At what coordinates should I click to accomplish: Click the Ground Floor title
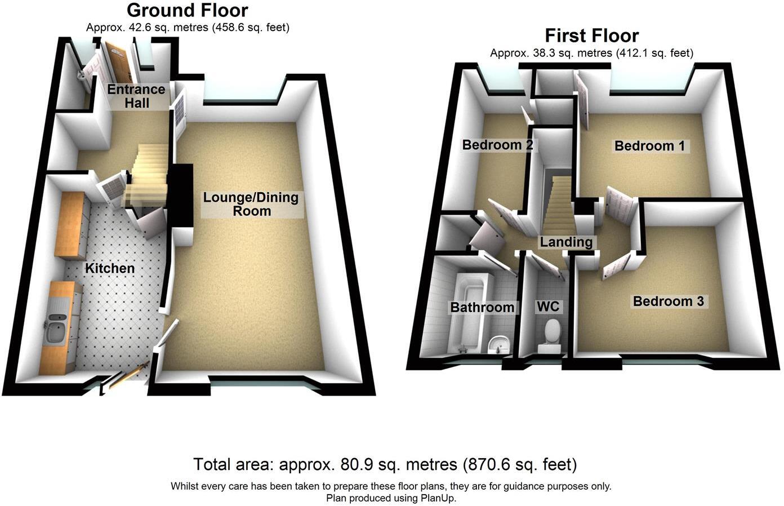[x=187, y=10]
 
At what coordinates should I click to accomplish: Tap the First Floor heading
[x=591, y=35]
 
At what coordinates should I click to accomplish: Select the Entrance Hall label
[x=136, y=96]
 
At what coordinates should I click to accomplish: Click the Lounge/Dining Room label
[x=251, y=204]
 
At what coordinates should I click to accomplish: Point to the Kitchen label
[x=110, y=268]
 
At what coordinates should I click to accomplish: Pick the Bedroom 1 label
[x=650, y=146]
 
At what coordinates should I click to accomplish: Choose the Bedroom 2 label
[x=497, y=145]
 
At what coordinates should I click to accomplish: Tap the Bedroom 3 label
[x=668, y=301]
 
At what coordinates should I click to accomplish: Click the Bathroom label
[x=482, y=307]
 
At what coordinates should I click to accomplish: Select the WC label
[x=547, y=306]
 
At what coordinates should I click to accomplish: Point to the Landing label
[x=566, y=242]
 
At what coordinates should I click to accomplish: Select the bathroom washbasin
[x=498, y=343]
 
